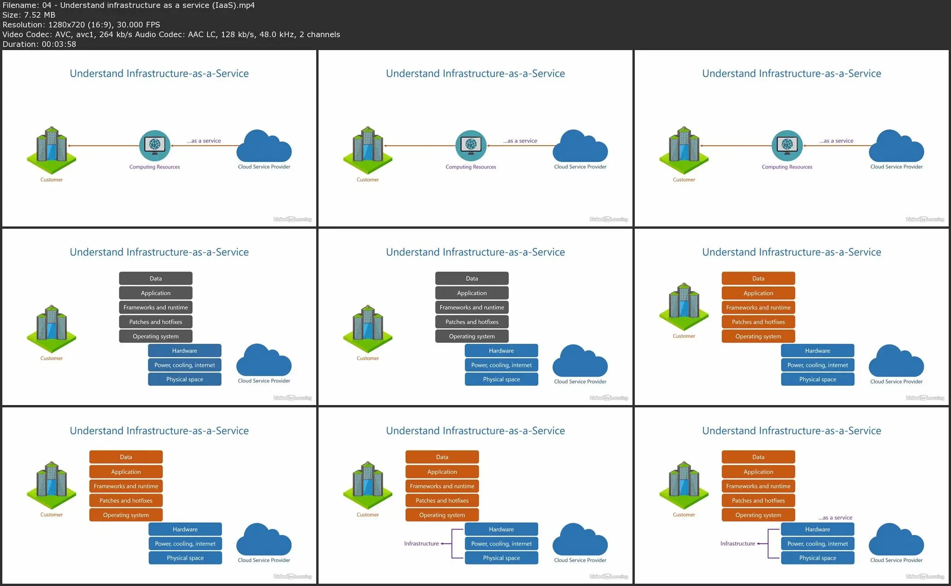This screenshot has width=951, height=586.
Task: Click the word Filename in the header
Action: click(20, 5)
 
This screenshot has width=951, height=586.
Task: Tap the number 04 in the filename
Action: click(47, 5)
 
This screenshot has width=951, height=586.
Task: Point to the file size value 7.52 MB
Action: click(39, 15)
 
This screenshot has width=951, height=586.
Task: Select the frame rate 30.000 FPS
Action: click(138, 25)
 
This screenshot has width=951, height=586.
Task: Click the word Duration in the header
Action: click(19, 44)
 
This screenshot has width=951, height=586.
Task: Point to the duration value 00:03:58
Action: click(59, 44)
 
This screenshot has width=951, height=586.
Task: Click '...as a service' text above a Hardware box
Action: click(835, 517)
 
